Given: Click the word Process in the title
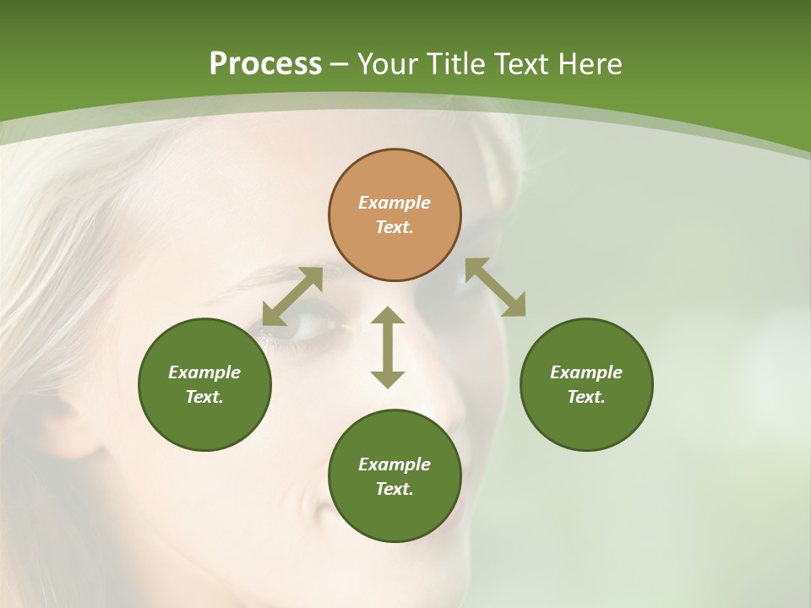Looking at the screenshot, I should tap(265, 64).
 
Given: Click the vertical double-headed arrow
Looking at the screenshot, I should tap(388, 347).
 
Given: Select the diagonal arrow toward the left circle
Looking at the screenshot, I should tap(292, 296).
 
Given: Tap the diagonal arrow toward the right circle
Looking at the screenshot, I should tap(495, 288).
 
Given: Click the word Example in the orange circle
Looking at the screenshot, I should tap(395, 203).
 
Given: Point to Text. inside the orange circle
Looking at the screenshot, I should tap(395, 227).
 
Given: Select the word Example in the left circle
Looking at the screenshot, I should tap(204, 372).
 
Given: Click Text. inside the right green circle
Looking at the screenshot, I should tap(586, 397).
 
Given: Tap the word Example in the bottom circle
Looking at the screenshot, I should tap(395, 464).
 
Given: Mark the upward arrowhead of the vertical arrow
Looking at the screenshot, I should tap(388, 316).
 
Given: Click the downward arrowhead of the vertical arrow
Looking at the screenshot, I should tap(388, 379).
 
